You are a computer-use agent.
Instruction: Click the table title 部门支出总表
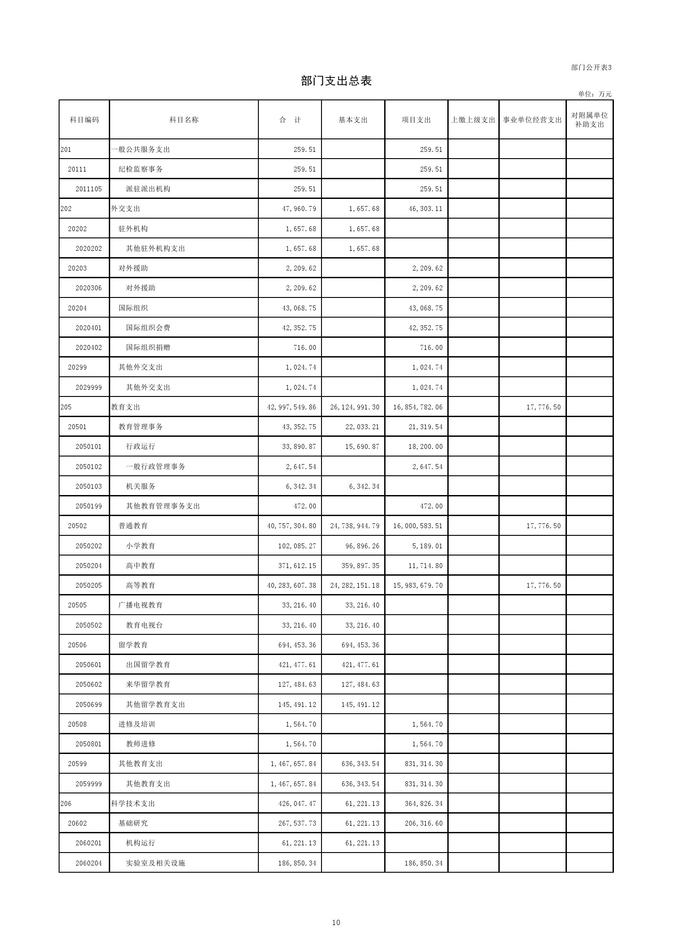(336, 81)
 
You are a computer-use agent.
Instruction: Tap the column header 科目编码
(84, 120)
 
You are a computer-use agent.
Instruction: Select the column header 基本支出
(353, 120)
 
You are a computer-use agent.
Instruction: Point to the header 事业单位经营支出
(532, 120)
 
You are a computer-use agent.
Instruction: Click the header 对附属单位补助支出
(589, 120)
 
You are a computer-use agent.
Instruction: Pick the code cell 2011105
(89, 189)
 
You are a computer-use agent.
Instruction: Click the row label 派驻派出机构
(148, 189)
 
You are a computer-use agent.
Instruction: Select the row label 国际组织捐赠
(148, 348)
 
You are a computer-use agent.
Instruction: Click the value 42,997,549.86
(291, 407)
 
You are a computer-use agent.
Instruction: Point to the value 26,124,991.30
(355, 407)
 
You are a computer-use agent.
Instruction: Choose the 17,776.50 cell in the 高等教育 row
(543, 586)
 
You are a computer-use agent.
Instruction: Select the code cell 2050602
(89, 685)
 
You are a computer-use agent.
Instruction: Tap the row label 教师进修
(141, 744)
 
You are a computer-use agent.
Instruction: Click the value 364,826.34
(423, 804)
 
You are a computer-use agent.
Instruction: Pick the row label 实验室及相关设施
(155, 863)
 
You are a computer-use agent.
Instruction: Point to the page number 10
(336, 922)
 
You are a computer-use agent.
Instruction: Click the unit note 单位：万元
(595, 94)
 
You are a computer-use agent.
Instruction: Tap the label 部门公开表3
(591, 68)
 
